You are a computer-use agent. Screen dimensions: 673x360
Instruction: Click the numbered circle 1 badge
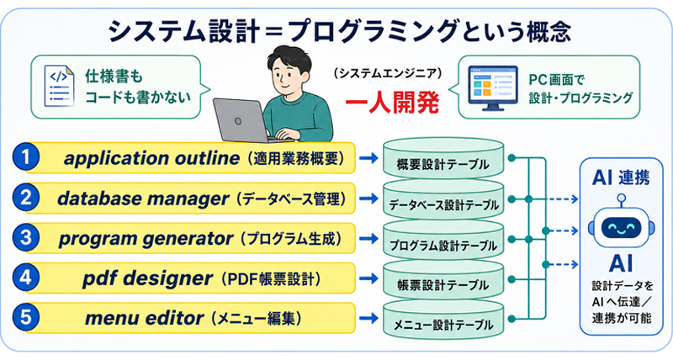26,157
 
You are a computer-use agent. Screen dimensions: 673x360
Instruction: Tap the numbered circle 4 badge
26,278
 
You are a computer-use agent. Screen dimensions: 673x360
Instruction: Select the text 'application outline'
151,158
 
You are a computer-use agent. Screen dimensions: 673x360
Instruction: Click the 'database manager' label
143,199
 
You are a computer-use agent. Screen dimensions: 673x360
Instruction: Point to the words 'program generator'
146,239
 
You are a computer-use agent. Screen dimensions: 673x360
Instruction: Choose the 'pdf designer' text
147,279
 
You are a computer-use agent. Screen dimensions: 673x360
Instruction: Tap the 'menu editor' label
144,319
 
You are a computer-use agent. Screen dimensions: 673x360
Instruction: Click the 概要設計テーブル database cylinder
443,157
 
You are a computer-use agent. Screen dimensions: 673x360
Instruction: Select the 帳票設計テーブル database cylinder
443,279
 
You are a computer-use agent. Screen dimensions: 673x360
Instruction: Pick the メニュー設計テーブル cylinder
443,319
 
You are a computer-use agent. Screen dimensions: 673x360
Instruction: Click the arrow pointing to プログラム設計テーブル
368,239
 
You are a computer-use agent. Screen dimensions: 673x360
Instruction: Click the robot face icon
621,226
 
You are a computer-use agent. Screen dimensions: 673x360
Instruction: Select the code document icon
59,86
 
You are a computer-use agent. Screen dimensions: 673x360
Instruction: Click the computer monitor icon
492,88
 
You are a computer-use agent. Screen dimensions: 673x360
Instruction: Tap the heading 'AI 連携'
621,177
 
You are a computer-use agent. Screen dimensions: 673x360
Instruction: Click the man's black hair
289,59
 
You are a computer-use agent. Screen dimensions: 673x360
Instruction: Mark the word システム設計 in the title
183,32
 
